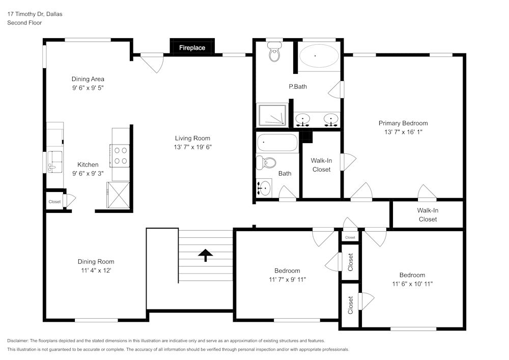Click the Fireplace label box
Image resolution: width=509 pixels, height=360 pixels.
(192, 48)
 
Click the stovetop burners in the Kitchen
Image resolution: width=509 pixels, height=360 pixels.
(121, 155)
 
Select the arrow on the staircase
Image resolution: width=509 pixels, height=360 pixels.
(206, 255)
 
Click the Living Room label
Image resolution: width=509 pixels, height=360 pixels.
(192, 138)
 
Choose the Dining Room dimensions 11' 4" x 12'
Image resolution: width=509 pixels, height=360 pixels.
(96, 270)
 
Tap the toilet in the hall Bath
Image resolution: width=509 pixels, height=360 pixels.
(266, 163)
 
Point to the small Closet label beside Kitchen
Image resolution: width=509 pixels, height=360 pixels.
(54, 202)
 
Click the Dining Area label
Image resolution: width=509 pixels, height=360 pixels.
(88, 79)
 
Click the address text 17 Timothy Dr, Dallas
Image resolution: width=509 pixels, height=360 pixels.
(35, 14)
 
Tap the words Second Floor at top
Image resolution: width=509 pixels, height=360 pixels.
(24, 23)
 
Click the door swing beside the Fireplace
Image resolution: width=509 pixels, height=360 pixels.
(152, 63)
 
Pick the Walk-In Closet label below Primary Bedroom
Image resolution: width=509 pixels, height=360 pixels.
(427, 215)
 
